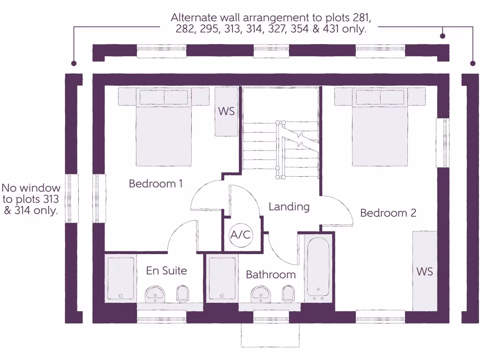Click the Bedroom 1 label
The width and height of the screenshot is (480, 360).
(x=156, y=184)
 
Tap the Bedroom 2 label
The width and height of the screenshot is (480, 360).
(x=388, y=213)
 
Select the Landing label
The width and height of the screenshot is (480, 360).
(x=289, y=206)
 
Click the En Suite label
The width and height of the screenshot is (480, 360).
(x=166, y=270)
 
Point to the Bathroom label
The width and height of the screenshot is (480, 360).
(x=271, y=275)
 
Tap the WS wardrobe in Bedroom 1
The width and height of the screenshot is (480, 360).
(x=226, y=112)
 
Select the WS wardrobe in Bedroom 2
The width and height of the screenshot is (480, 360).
(x=425, y=271)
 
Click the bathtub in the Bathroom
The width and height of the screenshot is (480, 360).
(x=318, y=268)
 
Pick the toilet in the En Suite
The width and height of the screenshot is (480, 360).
(x=183, y=294)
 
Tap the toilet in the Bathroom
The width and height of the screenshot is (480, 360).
(x=288, y=294)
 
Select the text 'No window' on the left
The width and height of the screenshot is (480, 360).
(x=31, y=188)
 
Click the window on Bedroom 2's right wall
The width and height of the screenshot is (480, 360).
(x=442, y=142)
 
